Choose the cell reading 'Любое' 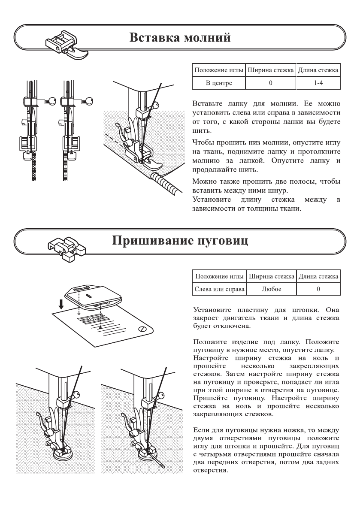click(271, 289)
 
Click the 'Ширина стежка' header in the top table click(271, 70)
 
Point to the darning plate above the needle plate click(92, 296)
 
